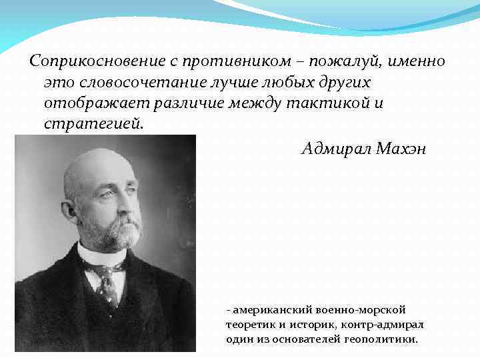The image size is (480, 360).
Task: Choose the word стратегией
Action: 93,125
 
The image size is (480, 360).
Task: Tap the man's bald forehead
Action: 100,167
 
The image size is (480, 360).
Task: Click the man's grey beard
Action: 120,230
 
